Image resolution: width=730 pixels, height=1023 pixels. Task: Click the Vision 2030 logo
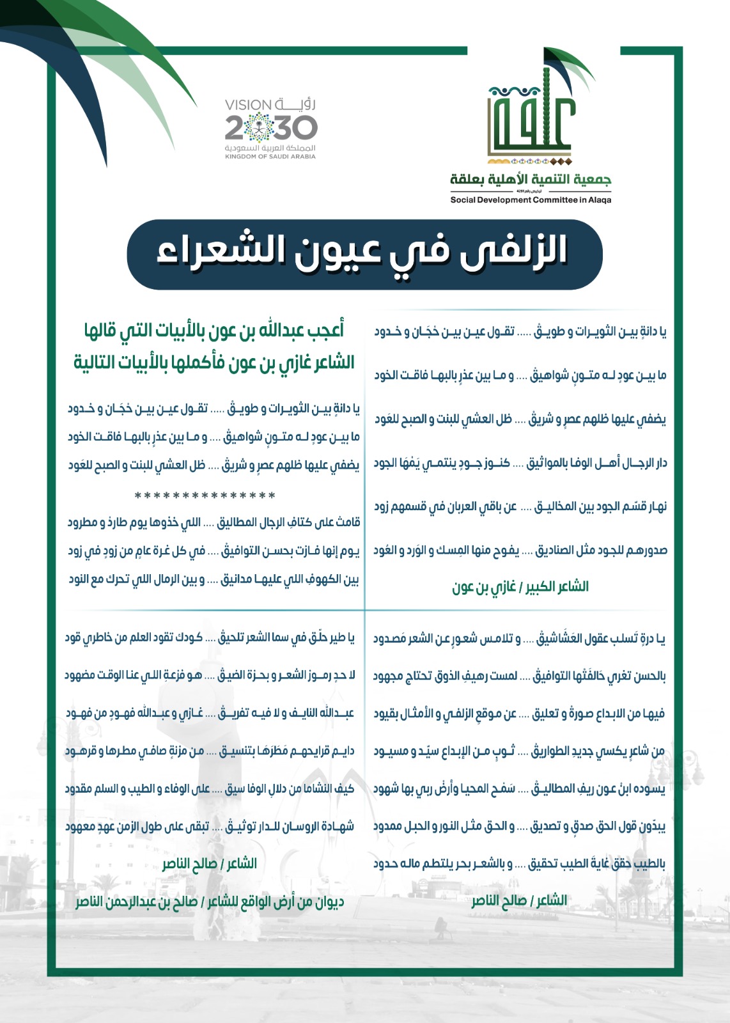point(270,128)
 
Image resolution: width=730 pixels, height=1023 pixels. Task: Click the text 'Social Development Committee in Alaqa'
point(531,200)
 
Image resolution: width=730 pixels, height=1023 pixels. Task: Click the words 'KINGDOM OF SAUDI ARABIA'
point(270,157)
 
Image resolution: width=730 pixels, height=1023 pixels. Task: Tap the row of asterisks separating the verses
point(205,496)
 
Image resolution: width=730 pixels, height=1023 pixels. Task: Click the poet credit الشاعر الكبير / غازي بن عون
point(520,586)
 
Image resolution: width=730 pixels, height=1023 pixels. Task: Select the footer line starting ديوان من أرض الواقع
point(210,902)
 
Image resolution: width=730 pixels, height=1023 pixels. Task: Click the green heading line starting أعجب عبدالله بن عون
point(214,331)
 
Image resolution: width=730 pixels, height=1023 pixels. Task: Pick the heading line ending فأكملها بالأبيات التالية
point(214,363)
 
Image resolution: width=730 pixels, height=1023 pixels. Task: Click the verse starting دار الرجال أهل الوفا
point(520,463)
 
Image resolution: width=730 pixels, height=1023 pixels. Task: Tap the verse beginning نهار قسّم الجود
point(520,507)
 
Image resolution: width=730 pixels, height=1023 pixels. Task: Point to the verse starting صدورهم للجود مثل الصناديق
point(520,551)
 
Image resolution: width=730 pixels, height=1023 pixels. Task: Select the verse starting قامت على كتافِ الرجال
point(214,523)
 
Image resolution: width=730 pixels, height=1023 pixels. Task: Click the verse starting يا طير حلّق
point(210,637)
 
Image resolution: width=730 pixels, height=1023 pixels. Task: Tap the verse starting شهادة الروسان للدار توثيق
point(210,826)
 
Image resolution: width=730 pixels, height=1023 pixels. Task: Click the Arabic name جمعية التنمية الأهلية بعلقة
point(531,179)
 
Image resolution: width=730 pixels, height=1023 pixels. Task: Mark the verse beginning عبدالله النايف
point(210,713)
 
